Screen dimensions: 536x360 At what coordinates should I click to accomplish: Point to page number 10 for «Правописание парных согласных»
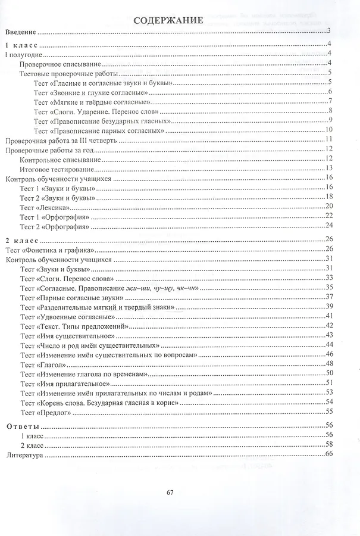pos(328,130)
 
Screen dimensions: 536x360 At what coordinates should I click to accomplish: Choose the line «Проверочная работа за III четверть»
pos(60,141)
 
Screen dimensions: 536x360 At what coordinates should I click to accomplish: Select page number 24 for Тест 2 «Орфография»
pos(328,226)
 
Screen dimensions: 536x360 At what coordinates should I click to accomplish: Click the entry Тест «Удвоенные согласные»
pos(67,316)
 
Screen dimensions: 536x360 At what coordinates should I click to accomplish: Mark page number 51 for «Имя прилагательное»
pos(328,383)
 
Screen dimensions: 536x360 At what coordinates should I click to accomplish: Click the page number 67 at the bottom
pos(170,492)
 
